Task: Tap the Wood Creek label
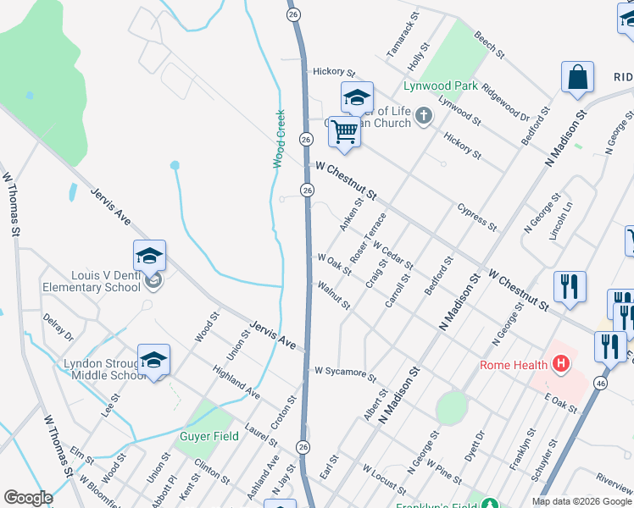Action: click(x=278, y=139)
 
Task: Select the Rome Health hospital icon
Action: click(x=559, y=365)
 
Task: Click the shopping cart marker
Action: click(x=344, y=132)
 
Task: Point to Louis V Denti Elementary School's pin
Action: click(x=149, y=257)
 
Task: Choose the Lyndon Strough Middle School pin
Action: click(x=153, y=362)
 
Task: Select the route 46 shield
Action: click(x=600, y=384)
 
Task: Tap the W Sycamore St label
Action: click(x=345, y=372)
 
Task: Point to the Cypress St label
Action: click(x=476, y=216)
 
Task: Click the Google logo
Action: click(x=28, y=498)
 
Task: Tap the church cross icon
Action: click(x=423, y=117)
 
